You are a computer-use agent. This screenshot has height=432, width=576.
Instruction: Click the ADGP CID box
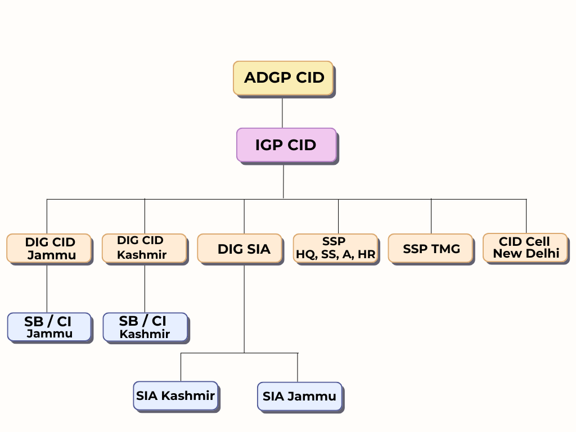(x=283, y=78)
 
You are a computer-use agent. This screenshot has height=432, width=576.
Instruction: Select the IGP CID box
(x=286, y=145)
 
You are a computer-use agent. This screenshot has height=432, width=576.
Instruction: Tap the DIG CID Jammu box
(x=49, y=248)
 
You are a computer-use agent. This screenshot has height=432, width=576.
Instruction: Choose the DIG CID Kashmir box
(x=145, y=248)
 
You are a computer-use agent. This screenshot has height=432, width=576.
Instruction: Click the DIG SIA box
(x=240, y=248)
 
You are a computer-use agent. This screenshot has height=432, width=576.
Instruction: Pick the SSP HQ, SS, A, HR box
(x=335, y=248)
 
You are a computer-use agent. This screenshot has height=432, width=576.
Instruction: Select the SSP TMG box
(x=430, y=248)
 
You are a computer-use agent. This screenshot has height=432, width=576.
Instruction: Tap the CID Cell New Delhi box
(x=525, y=248)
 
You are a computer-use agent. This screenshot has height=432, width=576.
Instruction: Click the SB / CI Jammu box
(x=49, y=327)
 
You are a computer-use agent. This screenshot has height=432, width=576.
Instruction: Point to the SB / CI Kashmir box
(x=146, y=327)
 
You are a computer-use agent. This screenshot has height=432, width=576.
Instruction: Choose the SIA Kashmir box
(x=175, y=395)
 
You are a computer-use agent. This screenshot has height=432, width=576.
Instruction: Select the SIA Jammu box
(x=300, y=397)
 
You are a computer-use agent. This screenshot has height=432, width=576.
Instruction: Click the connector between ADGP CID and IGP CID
(x=282, y=112)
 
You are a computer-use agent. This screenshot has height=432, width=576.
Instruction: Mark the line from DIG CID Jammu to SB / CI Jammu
(x=47, y=288)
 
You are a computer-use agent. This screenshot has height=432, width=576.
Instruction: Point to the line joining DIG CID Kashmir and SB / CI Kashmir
(x=145, y=288)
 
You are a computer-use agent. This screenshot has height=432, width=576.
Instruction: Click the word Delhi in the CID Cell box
(x=544, y=254)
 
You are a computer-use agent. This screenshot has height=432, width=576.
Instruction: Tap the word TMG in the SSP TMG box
(x=445, y=249)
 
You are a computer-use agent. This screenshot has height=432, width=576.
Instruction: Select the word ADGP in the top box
(x=268, y=78)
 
